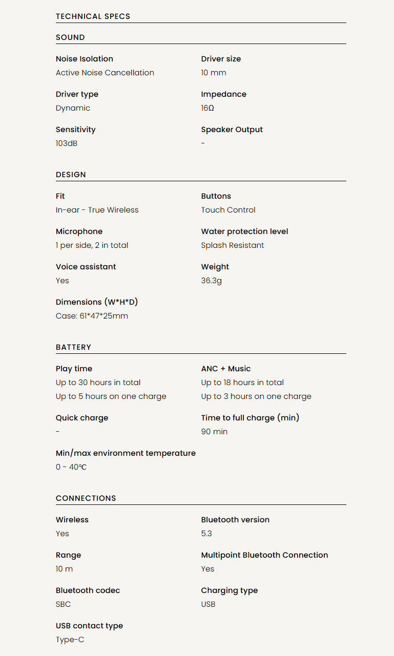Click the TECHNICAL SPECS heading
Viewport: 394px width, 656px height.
pyautogui.click(x=93, y=16)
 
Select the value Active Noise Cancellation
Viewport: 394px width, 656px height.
pyautogui.click(x=105, y=73)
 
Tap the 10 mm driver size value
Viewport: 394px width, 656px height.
pyautogui.click(x=213, y=73)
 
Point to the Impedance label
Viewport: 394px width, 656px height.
pyautogui.click(x=223, y=94)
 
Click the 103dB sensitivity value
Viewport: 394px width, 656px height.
pyautogui.click(x=67, y=143)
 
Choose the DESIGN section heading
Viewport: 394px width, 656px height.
pyautogui.click(x=71, y=175)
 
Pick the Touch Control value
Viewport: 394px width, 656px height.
pyautogui.click(x=228, y=210)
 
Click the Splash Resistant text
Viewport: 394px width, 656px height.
pyautogui.click(x=232, y=245)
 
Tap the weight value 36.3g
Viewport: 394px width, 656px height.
pyautogui.click(x=211, y=281)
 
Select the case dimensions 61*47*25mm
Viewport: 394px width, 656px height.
pyautogui.click(x=92, y=316)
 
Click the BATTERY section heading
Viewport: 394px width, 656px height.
pyautogui.click(x=73, y=347)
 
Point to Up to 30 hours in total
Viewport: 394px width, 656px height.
pyautogui.click(x=98, y=383)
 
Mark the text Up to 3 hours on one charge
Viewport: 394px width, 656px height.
pyautogui.click(x=256, y=396)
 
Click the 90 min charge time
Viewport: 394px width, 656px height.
pyautogui.click(x=214, y=432)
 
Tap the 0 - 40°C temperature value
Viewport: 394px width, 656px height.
pyautogui.click(x=71, y=467)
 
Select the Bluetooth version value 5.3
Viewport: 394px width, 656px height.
pyautogui.click(x=206, y=534)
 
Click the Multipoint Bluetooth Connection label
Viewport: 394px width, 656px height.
pyautogui.click(x=264, y=555)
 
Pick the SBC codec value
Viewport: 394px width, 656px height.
pyautogui.click(x=63, y=604)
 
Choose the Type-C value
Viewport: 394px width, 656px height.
pyautogui.click(x=70, y=640)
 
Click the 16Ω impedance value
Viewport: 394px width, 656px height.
pyautogui.click(x=208, y=108)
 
